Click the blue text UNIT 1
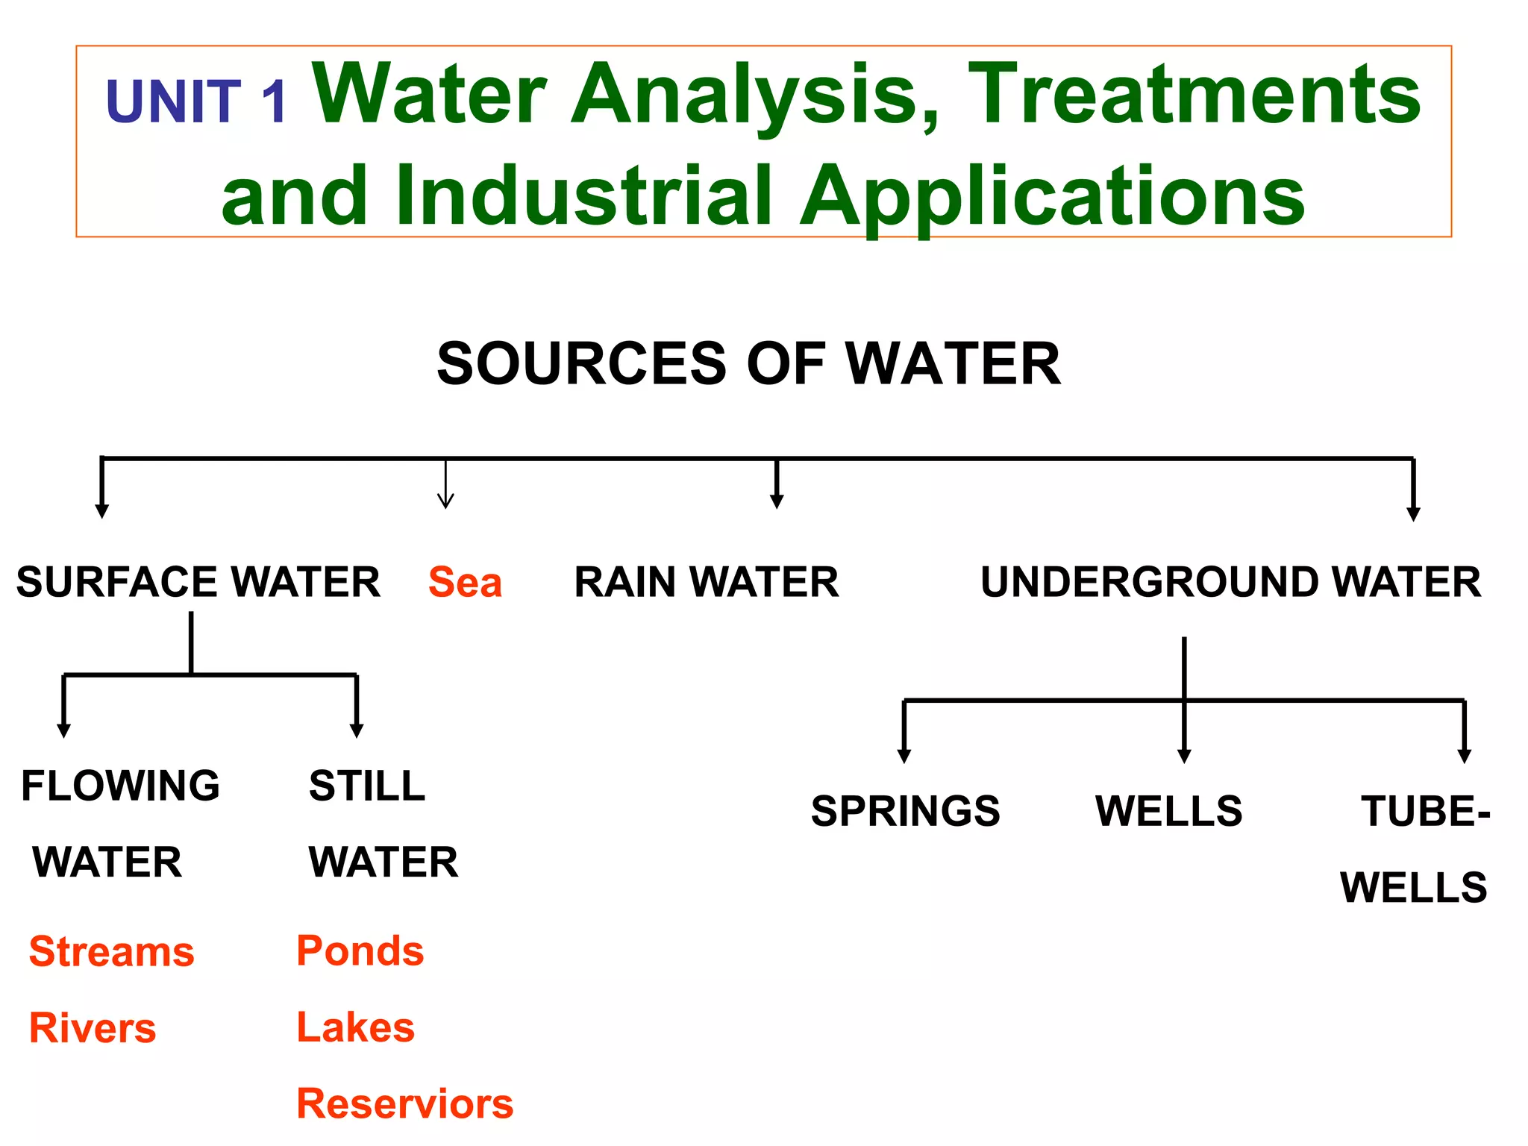pos(195,101)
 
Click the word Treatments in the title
pos(1194,94)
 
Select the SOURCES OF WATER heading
pos(748,363)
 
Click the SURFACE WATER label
pos(198,582)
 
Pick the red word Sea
pos(465,582)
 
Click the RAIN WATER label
pos(706,582)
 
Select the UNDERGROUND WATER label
pos(1230,582)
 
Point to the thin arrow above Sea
pos(445,485)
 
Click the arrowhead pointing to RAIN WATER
pos(777,501)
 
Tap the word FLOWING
pos(120,786)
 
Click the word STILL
pos(367,786)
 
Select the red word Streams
pos(111,952)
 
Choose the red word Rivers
pos(93,1028)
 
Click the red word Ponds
pos(360,951)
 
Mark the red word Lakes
pos(355,1027)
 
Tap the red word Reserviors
pos(404,1103)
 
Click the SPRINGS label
pos(905,811)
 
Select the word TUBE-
pos(1425,811)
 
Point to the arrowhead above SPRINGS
pos(904,756)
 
